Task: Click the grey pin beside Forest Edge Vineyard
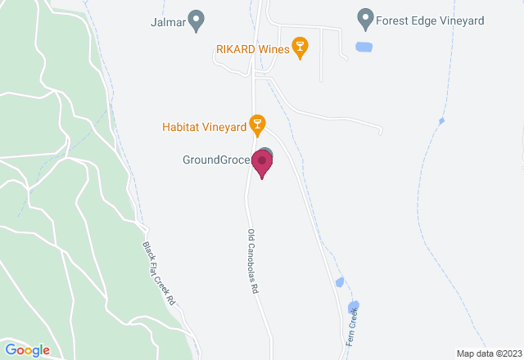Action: click(x=366, y=17)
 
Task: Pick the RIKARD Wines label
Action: click(x=252, y=49)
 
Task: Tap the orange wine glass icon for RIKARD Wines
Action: click(x=300, y=48)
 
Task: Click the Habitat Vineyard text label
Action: click(x=205, y=127)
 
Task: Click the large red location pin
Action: click(x=262, y=164)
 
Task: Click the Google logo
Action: click(x=29, y=349)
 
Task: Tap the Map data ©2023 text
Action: click(x=487, y=353)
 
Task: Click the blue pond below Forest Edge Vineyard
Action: click(x=364, y=47)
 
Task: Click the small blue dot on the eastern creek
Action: click(x=442, y=121)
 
